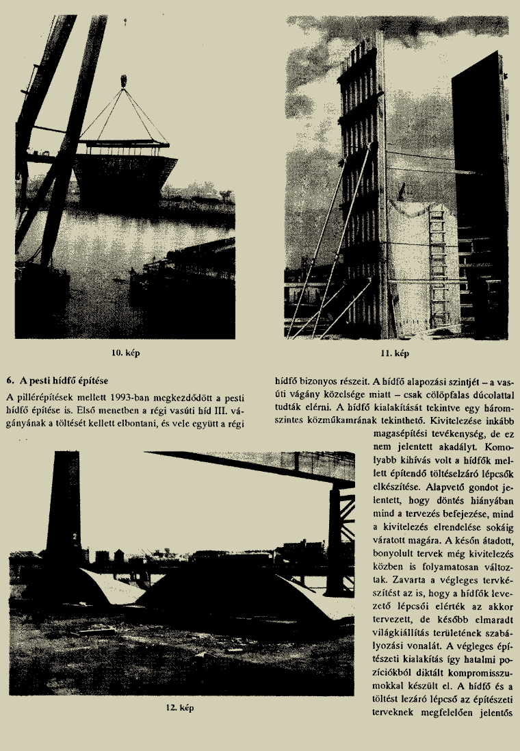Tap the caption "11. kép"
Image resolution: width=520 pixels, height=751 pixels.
tap(395, 353)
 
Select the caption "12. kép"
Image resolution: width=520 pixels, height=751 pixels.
tap(180, 708)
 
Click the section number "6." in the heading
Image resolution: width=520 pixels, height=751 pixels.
tap(9, 379)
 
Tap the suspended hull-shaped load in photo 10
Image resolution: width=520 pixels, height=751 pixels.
tap(125, 173)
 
